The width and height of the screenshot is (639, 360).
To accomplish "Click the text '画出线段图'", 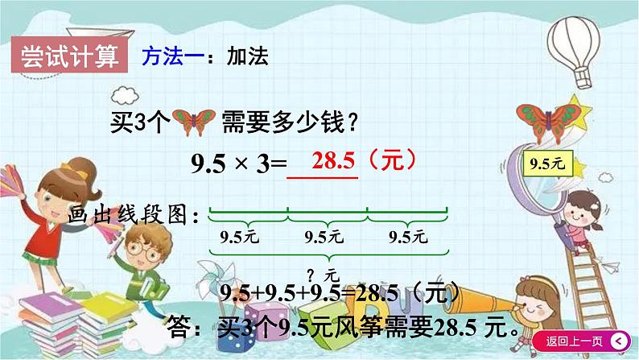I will pyautogui.click(x=132, y=215).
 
